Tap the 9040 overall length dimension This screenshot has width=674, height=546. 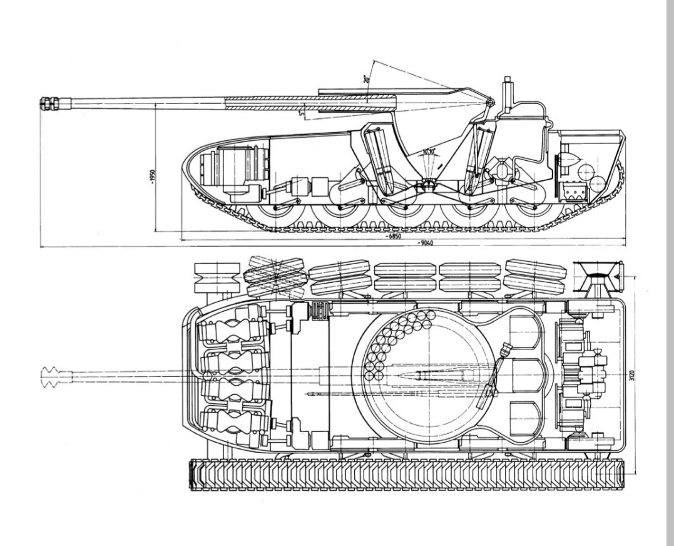pos(428,244)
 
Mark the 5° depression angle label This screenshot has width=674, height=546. pos(302,114)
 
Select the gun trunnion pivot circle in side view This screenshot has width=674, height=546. pos(490,101)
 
